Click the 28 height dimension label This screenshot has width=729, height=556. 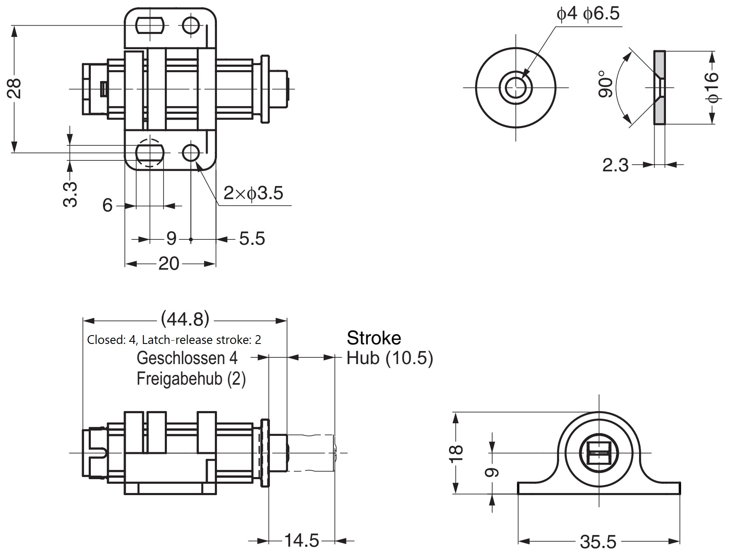[16, 88]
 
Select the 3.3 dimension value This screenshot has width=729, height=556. [71, 194]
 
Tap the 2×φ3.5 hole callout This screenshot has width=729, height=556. [253, 193]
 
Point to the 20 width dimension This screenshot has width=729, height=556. [169, 264]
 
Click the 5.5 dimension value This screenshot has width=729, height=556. [252, 239]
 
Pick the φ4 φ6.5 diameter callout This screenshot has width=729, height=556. [588, 14]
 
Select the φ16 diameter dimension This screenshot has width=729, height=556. [713, 87]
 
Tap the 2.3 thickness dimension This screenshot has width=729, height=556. [615, 165]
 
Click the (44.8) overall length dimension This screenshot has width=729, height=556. [185, 320]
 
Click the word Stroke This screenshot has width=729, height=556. [374, 338]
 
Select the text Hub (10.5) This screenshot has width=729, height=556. [389, 358]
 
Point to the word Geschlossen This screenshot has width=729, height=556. [181, 358]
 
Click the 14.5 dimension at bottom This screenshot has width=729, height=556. [301, 540]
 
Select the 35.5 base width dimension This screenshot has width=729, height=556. [598, 542]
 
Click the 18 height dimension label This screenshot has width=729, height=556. [457, 453]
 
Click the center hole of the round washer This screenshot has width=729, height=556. [515, 88]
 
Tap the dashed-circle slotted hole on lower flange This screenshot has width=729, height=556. [149, 152]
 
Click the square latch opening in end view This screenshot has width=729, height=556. [599, 453]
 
